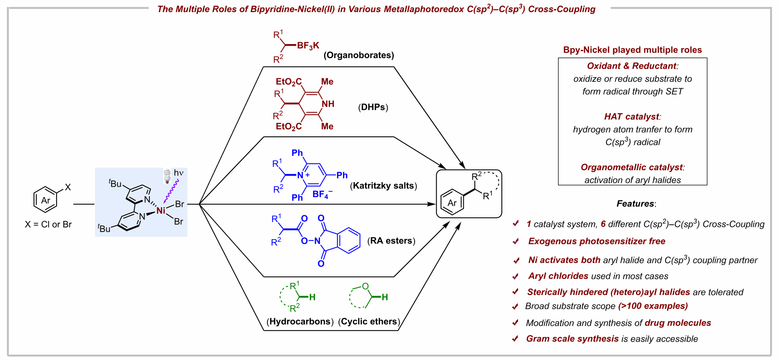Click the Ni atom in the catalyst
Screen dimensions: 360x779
[x=161, y=210]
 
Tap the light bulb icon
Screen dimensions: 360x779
[x=167, y=176]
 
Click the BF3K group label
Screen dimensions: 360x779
[x=308, y=46]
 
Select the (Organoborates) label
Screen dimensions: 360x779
[x=359, y=55]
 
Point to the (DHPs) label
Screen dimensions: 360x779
[x=373, y=107]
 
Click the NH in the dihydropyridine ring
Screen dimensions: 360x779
[x=328, y=104]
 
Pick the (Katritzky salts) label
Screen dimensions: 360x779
[x=383, y=186]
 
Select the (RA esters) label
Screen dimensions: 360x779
[x=391, y=241]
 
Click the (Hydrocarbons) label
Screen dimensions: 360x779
[x=300, y=321]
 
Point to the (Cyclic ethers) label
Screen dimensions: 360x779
[x=369, y=321]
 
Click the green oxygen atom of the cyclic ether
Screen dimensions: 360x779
[x=366, y=286]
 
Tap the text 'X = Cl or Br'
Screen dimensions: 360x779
[x=48, y=224]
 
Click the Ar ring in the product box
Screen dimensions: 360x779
[x=452, y=203]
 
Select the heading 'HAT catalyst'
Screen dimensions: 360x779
[x=632, y=116]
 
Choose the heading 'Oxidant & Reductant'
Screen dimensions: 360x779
[x=632, y=66]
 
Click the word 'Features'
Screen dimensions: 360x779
[x=635, y=203]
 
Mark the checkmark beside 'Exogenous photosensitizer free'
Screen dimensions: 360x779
[x=516, y=241]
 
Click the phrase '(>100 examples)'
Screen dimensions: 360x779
[x=653, y=306]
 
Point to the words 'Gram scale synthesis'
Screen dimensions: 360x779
[x=572, y=339]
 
